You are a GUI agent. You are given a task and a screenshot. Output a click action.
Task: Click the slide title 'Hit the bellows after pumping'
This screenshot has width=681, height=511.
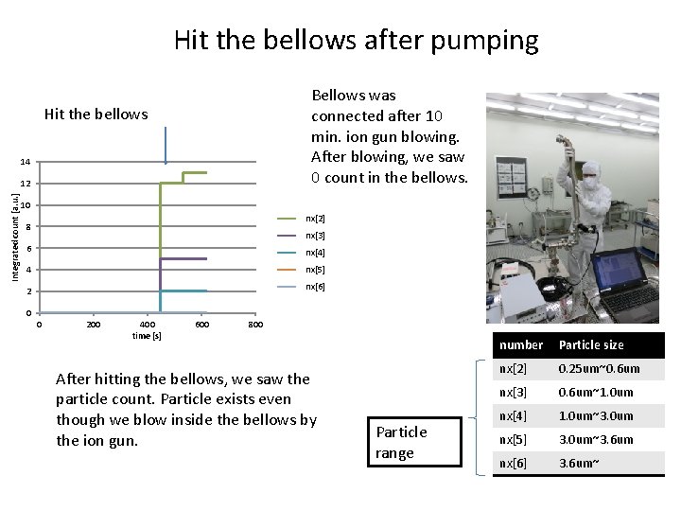[x=356, y=41]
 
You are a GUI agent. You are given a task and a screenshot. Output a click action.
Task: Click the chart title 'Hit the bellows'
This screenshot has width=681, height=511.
[x=96, y=115]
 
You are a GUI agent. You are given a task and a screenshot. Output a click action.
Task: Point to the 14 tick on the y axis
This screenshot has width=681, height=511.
[x=26, y=163]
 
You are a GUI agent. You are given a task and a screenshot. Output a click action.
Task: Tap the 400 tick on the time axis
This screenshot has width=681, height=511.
[x=147, y=325]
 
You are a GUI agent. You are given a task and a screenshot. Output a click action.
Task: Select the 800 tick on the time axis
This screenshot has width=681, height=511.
[x=254, y=325]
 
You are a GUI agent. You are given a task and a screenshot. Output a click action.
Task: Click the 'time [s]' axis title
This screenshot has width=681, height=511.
[x=147, y=335]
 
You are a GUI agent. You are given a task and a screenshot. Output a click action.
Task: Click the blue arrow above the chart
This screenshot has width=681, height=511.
[x=166, y=146]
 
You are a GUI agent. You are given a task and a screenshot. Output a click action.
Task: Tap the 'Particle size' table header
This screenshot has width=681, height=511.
[x=591, y=345]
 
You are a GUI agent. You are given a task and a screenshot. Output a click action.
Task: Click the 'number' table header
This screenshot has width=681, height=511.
[x=521, y=345]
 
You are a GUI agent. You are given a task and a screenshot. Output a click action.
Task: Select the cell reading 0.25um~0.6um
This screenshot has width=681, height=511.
[x=599, y=369]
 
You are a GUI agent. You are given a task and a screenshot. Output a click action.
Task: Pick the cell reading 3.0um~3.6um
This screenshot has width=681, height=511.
[x=596, y=439]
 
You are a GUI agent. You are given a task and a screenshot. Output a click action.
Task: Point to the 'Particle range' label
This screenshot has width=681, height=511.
[x=402, y=442]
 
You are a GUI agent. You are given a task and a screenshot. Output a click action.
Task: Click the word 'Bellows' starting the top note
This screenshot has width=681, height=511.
[x=340, y=96]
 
